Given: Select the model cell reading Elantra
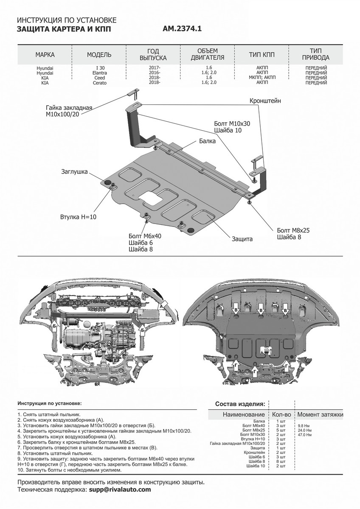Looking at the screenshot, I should tap(99, 73).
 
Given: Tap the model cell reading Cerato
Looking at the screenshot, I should tap(99, 83).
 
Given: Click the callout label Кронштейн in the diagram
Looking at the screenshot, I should tap(264, 101).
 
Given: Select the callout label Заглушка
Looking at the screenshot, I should tap(74, 172).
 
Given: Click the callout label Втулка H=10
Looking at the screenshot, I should tap(79, 217).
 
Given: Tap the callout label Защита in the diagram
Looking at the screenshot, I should tap(242, 239).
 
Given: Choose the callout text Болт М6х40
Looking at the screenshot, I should tap(145, 235).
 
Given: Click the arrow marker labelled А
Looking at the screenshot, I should tap(162, 305).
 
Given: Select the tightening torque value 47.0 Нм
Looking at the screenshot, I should tap(304, 435).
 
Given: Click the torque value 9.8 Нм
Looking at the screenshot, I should tap(303, 425).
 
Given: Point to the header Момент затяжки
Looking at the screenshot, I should tap(320, 414).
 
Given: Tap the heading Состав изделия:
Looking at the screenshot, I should tap(240, 403).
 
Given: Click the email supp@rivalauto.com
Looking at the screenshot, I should tap(120, 489).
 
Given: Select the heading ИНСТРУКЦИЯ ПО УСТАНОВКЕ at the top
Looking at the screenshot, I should tap(65, 20).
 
